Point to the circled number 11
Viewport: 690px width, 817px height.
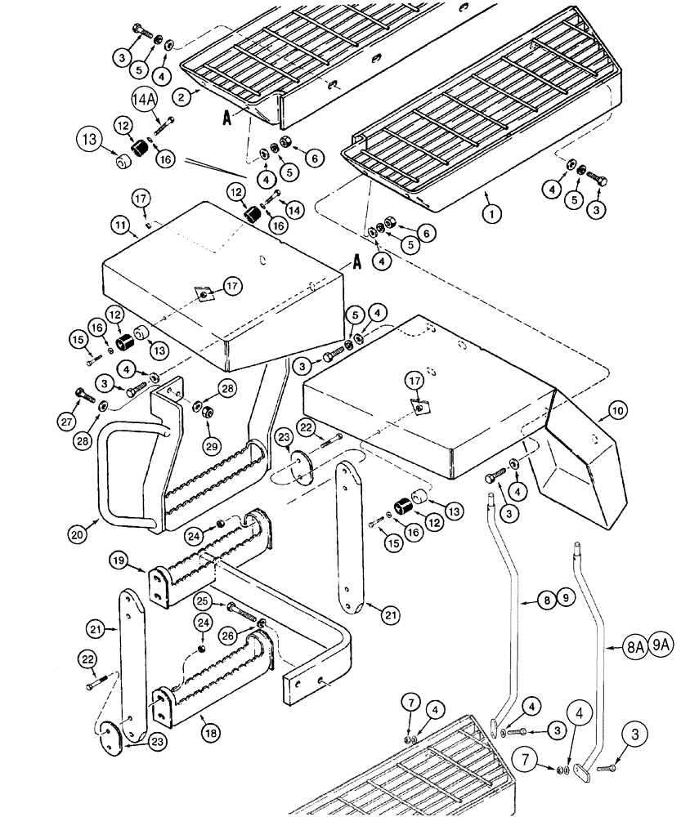(120, 222)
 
